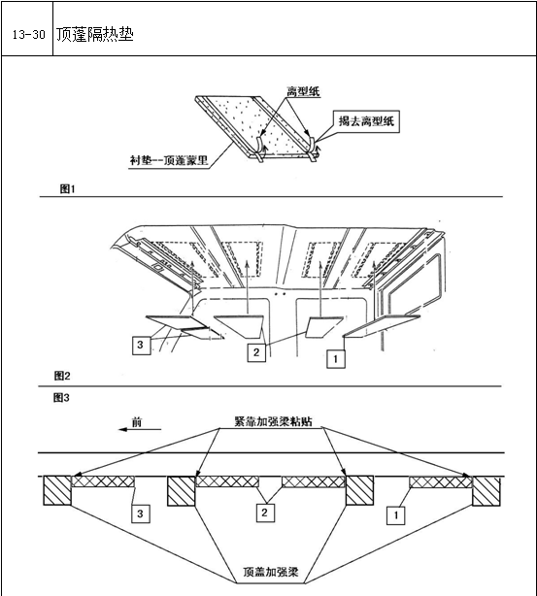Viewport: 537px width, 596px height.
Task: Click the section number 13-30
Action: [28, 35]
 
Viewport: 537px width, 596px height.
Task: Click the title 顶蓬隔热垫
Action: [95, 34]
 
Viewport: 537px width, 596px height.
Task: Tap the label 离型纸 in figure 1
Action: [303, 91]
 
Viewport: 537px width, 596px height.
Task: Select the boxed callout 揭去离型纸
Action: [366, 121]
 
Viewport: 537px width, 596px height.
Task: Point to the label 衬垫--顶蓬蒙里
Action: [169, 160]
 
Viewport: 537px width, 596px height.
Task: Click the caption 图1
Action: [67, 188]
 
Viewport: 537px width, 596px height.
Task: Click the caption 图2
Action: [62, 376]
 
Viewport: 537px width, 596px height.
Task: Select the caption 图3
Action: [61, 398]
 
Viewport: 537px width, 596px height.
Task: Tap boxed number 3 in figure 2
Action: [141, 346]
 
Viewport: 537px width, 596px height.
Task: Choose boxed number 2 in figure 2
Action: [256, 352]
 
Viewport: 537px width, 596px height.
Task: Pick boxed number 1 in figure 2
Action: [336, 359]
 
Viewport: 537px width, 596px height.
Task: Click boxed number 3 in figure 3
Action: [141, 513]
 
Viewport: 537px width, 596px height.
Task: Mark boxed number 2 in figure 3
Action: [265, 513]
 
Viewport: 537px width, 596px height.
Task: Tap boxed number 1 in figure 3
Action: [395, 515]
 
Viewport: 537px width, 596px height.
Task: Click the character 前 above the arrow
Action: [137, 421]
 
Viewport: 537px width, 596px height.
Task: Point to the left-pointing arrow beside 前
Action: [140, 429]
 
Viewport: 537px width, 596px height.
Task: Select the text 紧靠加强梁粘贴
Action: [273, 421]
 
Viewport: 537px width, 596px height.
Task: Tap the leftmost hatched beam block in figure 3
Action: [57, 490]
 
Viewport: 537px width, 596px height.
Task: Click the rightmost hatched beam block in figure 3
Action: [487, 491]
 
